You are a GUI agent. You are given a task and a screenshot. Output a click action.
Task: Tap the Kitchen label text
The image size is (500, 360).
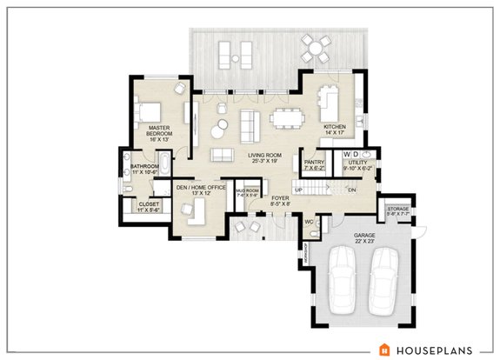[335, 131]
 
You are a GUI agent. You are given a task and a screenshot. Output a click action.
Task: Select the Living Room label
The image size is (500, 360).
[250, 157]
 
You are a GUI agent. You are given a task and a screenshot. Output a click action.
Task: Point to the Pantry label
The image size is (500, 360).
[314, 165]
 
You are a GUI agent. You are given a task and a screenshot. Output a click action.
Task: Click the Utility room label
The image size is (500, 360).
[358, 165]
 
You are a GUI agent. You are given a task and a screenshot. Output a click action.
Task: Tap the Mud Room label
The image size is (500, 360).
[248, 193]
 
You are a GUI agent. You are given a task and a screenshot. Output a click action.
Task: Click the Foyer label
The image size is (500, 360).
[280, 203]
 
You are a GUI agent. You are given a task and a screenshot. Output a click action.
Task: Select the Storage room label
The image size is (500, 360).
[398, 211]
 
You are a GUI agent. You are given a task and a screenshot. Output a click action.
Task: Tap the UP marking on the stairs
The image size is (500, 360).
[299, 189]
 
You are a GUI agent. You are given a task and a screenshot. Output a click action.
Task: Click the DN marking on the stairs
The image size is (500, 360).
[352, 189]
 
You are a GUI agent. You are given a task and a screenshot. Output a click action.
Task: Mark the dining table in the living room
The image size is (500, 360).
[284, 116]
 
